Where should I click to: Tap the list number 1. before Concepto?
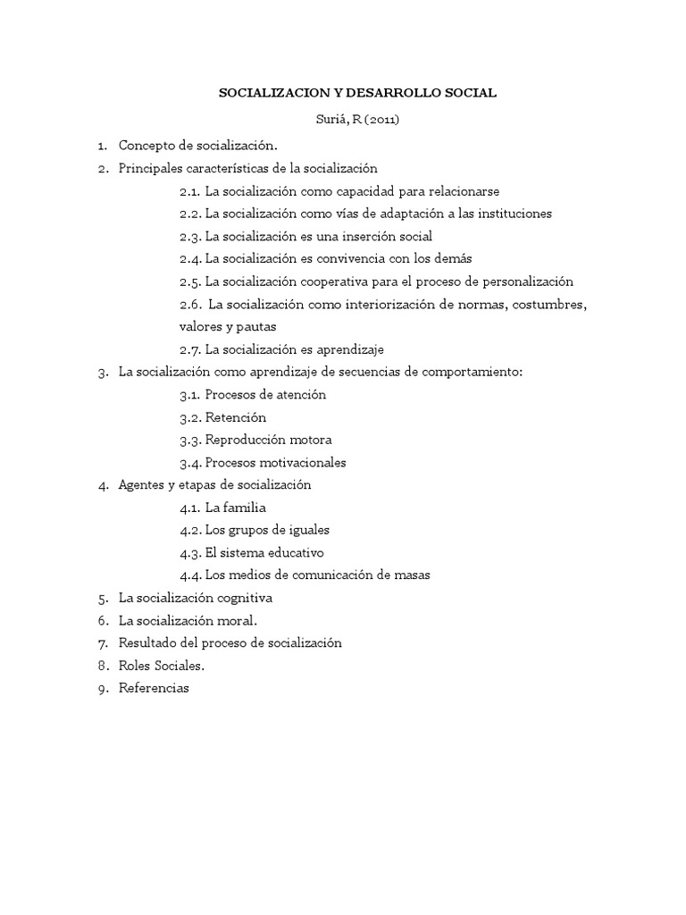[103, 145]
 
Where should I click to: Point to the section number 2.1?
[189, 190]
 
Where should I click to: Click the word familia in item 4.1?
[246, 508]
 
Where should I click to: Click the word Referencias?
[154, 688]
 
